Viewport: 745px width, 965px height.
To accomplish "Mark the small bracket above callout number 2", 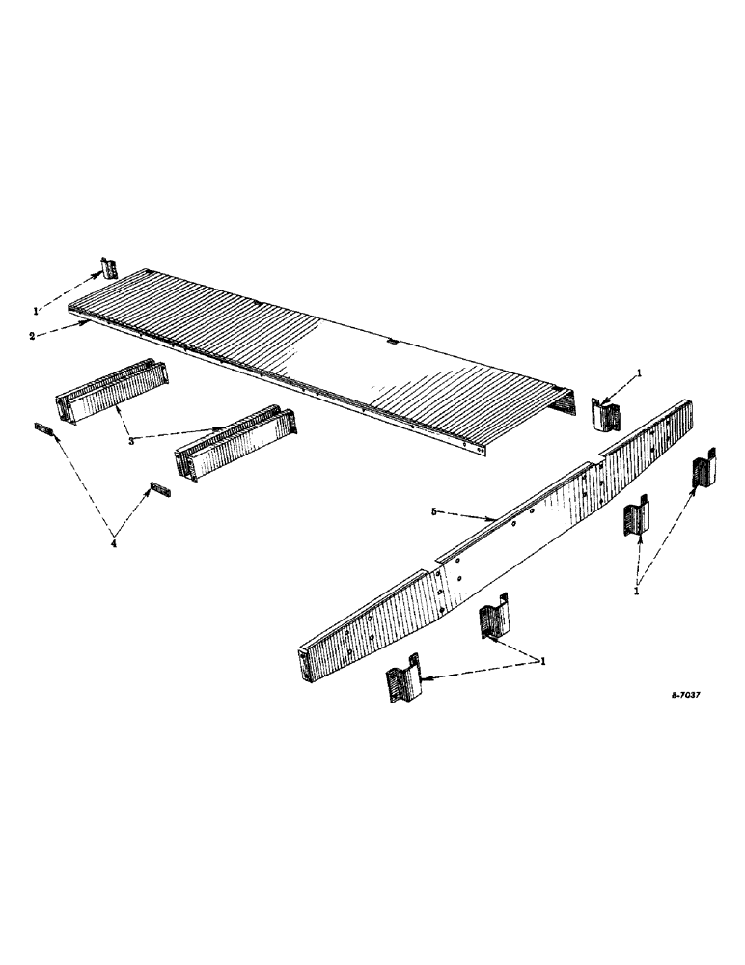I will (x=109, y=268).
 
